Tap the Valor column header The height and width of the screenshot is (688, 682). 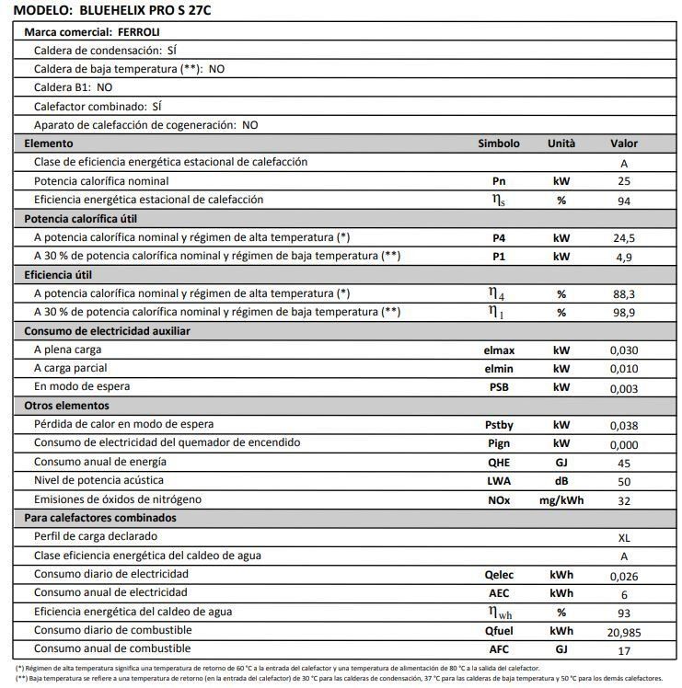point(624,143)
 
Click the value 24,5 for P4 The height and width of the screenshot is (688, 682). point(624,238)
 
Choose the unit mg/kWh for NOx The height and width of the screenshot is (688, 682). point(561,500)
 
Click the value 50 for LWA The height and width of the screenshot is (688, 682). point(624,482)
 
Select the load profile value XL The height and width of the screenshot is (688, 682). point(624,537)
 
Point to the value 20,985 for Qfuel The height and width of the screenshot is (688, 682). point(624,632)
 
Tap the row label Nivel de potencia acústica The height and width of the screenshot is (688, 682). point(98,481)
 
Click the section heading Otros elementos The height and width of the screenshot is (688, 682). point(66,406)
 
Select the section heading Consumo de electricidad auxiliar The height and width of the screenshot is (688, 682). point(107,331)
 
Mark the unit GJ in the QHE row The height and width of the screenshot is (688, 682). point(561,463)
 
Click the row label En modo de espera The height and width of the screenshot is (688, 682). point(79,387)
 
